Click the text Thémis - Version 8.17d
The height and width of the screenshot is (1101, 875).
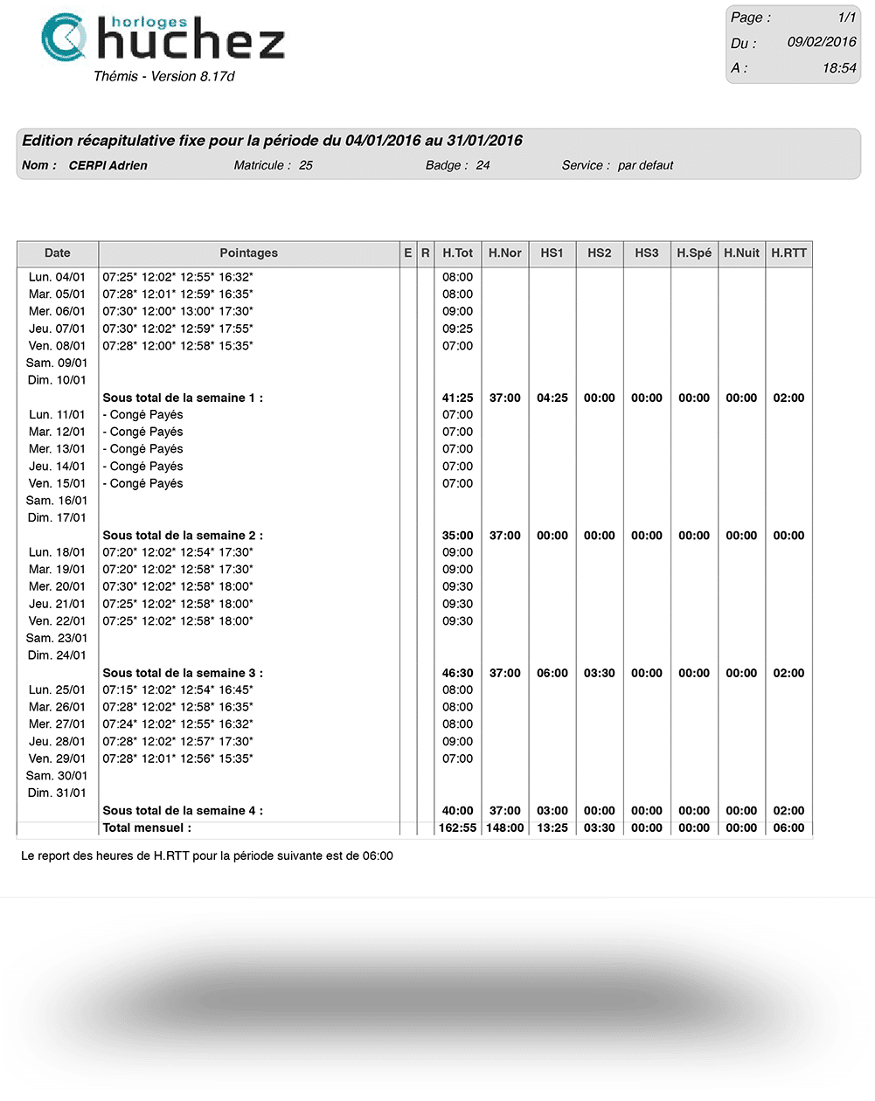coord(164,76)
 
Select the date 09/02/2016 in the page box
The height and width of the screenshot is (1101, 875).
coord(821,42)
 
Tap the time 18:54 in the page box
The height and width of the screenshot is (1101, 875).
coord(839,67)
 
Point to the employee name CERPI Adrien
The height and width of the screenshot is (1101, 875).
coord(108,165)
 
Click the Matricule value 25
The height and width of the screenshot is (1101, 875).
coord(306,165)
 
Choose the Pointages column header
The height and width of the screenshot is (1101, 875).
coord(248,253)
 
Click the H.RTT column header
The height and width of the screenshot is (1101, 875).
coord(788,253)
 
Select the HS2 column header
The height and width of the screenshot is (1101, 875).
coord(599,253)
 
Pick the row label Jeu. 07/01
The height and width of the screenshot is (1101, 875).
coord(57,329)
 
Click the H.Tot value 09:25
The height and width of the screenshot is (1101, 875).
coord(457,329)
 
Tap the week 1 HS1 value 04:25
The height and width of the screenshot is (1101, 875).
coord(552,398)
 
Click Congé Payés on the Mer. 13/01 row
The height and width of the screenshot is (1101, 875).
coord(143,449)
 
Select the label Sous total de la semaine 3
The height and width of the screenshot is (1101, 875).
coord(183,673)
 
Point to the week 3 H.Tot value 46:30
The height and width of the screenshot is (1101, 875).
coord(457,673)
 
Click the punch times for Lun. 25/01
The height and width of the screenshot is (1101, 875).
coord(177,690)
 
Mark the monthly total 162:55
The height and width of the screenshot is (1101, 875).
coord(457,827)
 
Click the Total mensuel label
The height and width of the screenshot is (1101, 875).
coord(147,827)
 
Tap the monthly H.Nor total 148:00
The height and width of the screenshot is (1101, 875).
coord(504,827)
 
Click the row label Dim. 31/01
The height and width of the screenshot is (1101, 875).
coord(57,793)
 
